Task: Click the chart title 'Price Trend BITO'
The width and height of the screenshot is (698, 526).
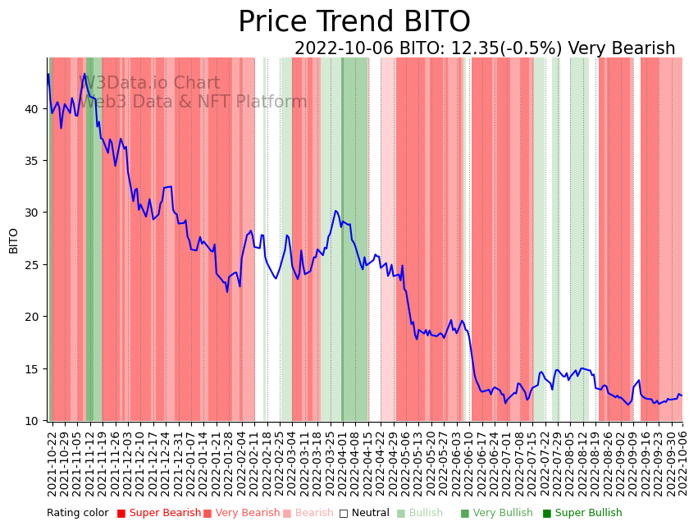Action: [x=354, y=22]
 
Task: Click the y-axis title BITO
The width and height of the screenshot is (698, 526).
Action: [x=14, y=240]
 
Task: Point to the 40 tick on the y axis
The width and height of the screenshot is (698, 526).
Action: [x=33, y=108]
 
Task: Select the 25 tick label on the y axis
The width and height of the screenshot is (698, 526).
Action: [x=33, y=265]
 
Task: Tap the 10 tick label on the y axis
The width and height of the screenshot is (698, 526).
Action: [x=33, y=421]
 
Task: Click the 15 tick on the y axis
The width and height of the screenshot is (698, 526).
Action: [x=33, y=369]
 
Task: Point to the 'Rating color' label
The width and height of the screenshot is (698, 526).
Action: [x=77, y=513]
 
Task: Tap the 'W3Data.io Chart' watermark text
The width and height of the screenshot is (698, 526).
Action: [x=149, y=84]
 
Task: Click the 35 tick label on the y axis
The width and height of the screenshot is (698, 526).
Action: [x=33, y=161]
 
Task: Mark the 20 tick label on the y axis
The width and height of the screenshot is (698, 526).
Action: [x=33, y=317]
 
